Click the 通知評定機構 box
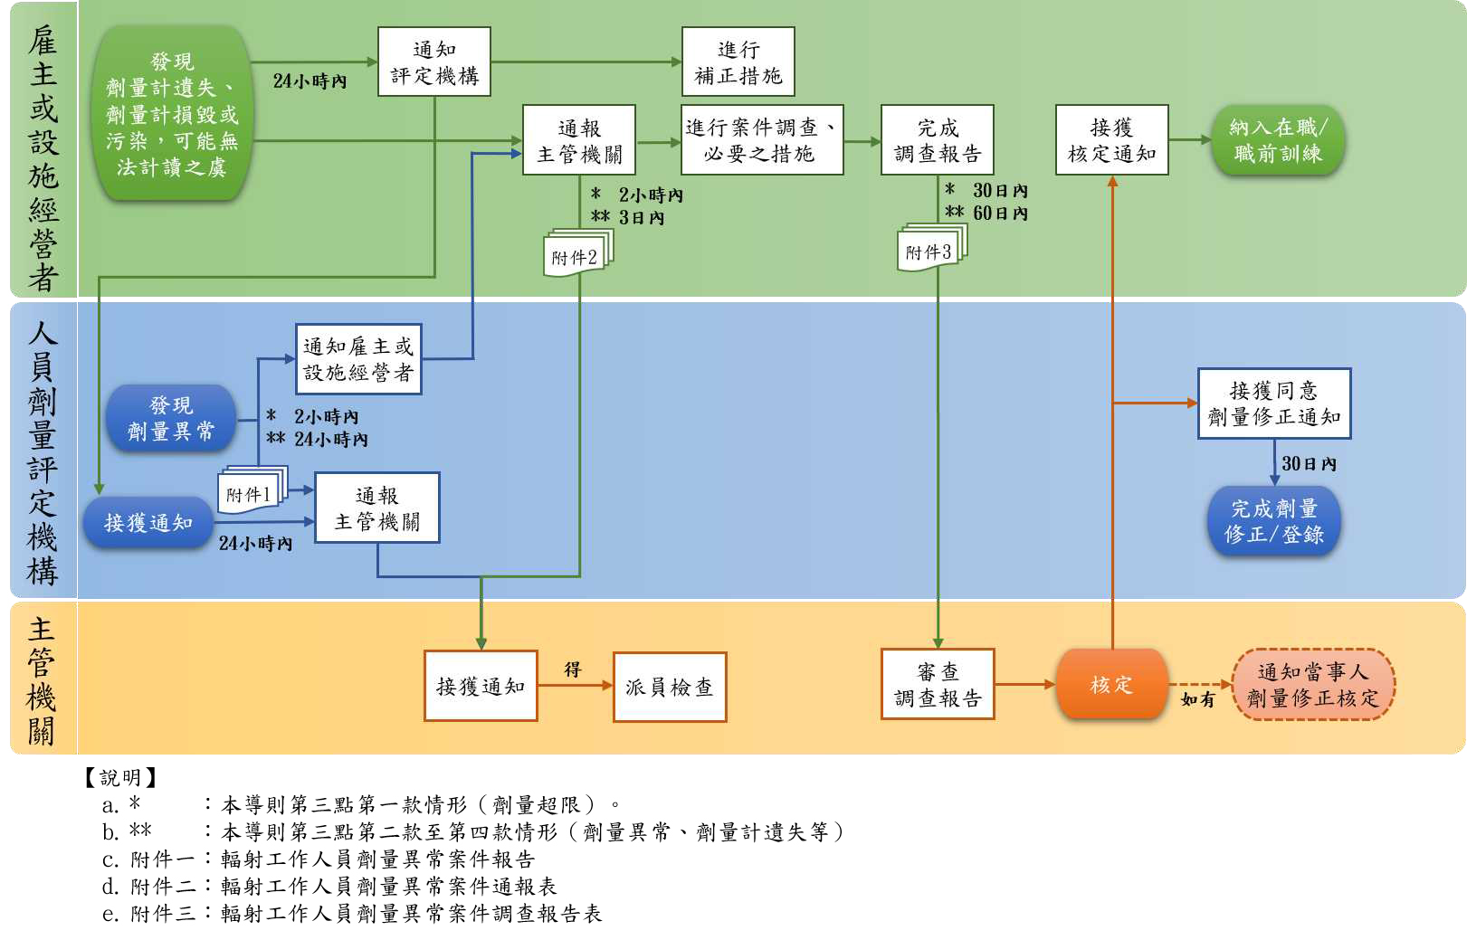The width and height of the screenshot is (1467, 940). coord(434,62)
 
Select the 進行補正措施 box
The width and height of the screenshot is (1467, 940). coord(738,62)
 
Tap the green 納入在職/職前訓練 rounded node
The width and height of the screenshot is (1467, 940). coord(1278,140)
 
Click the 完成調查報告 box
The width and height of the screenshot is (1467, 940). coord(938,140)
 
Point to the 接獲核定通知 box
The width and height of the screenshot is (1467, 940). coord(1112,140)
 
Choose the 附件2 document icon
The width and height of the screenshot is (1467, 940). coord(576,255)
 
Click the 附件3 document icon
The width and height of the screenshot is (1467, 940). coord(930,251)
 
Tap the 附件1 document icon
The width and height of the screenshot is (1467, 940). coord(250,493)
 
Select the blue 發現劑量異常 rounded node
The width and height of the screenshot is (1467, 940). coord(171,419)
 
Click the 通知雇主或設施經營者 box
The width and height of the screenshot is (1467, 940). coord(358,359)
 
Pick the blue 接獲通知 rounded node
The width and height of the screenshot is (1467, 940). coord(148,522)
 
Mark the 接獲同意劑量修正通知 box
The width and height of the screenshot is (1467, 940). coord(1274,404)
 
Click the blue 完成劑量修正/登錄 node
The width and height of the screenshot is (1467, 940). coord(1273,521)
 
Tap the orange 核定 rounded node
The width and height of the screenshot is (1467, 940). coord(1111,684)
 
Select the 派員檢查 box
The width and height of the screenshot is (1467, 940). coord(670,687)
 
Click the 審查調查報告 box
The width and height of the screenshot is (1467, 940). coord(938,684)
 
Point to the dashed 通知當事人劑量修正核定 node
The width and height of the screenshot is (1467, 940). coord(1313,684)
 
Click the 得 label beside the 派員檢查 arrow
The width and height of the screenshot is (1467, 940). coord(573,669)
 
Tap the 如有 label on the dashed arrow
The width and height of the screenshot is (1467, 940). coord(1197,699)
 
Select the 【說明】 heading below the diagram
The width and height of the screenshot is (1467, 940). coord(121,777)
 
